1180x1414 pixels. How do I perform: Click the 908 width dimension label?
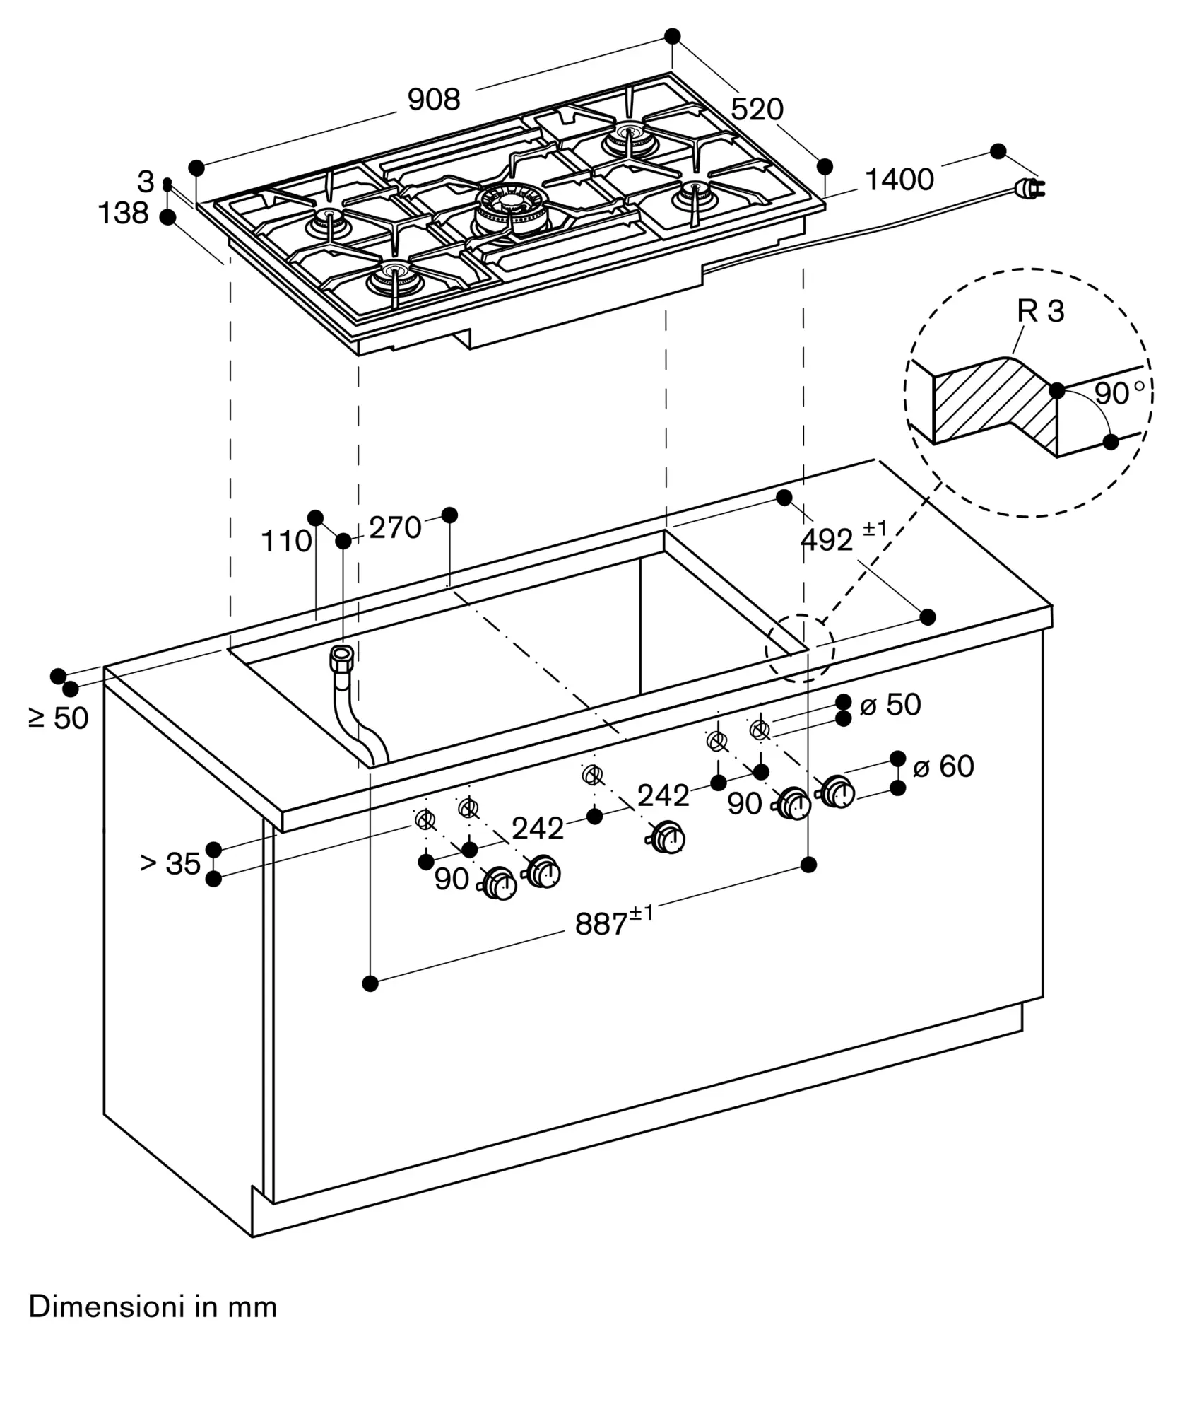(434, 100)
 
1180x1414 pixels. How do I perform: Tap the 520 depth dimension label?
(757, 110)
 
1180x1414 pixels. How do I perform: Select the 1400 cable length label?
(899, 180)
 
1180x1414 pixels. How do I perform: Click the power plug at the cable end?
(1028, 187)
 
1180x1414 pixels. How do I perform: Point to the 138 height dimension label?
(123, 213)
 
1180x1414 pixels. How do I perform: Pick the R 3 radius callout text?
(1040, 311)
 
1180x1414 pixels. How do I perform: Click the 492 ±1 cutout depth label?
(842, 539)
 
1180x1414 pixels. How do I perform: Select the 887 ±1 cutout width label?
(613, 922)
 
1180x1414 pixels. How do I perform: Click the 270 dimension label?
(395, 527)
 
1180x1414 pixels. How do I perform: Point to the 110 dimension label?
(286, 542)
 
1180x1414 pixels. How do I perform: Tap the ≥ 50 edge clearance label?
(59, 718)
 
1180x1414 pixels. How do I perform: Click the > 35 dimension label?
(170, 863)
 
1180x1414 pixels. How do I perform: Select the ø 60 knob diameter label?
(943, 766)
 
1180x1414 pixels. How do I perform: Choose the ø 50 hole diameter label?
(890, 705)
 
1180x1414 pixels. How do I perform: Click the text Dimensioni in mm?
(153, 1307)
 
